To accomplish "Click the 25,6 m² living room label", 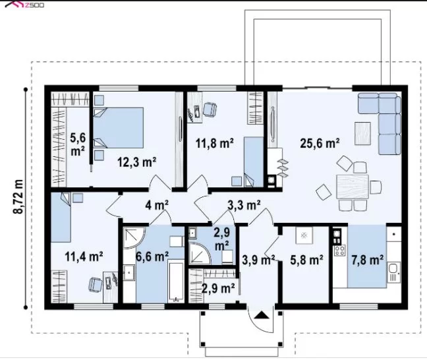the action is point(320,143).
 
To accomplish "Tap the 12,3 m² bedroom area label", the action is point(136,162).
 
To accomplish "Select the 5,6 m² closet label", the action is point(78,144).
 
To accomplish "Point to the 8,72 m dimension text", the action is point(18,196).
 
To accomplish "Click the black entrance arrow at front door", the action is point(262,315).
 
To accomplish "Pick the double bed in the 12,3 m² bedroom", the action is point(119,127).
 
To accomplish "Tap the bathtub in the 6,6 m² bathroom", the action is point(177,281).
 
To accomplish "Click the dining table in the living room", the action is point(353,187).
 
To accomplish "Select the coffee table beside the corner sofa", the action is point(362,134).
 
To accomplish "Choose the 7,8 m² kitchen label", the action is point(367,260).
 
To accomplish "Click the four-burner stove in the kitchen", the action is point(340,250).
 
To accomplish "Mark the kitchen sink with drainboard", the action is point(394,272).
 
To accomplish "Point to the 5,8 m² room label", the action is point(306,260).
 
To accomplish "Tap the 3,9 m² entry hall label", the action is point(258,260).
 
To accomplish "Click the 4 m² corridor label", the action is point(157,204).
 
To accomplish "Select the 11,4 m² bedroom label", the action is point(84,256).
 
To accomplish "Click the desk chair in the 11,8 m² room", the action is point(210,109).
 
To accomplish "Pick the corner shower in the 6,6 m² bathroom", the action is point(133,237).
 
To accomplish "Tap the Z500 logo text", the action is point(34,5).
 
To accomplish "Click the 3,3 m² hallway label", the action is point(244,205).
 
